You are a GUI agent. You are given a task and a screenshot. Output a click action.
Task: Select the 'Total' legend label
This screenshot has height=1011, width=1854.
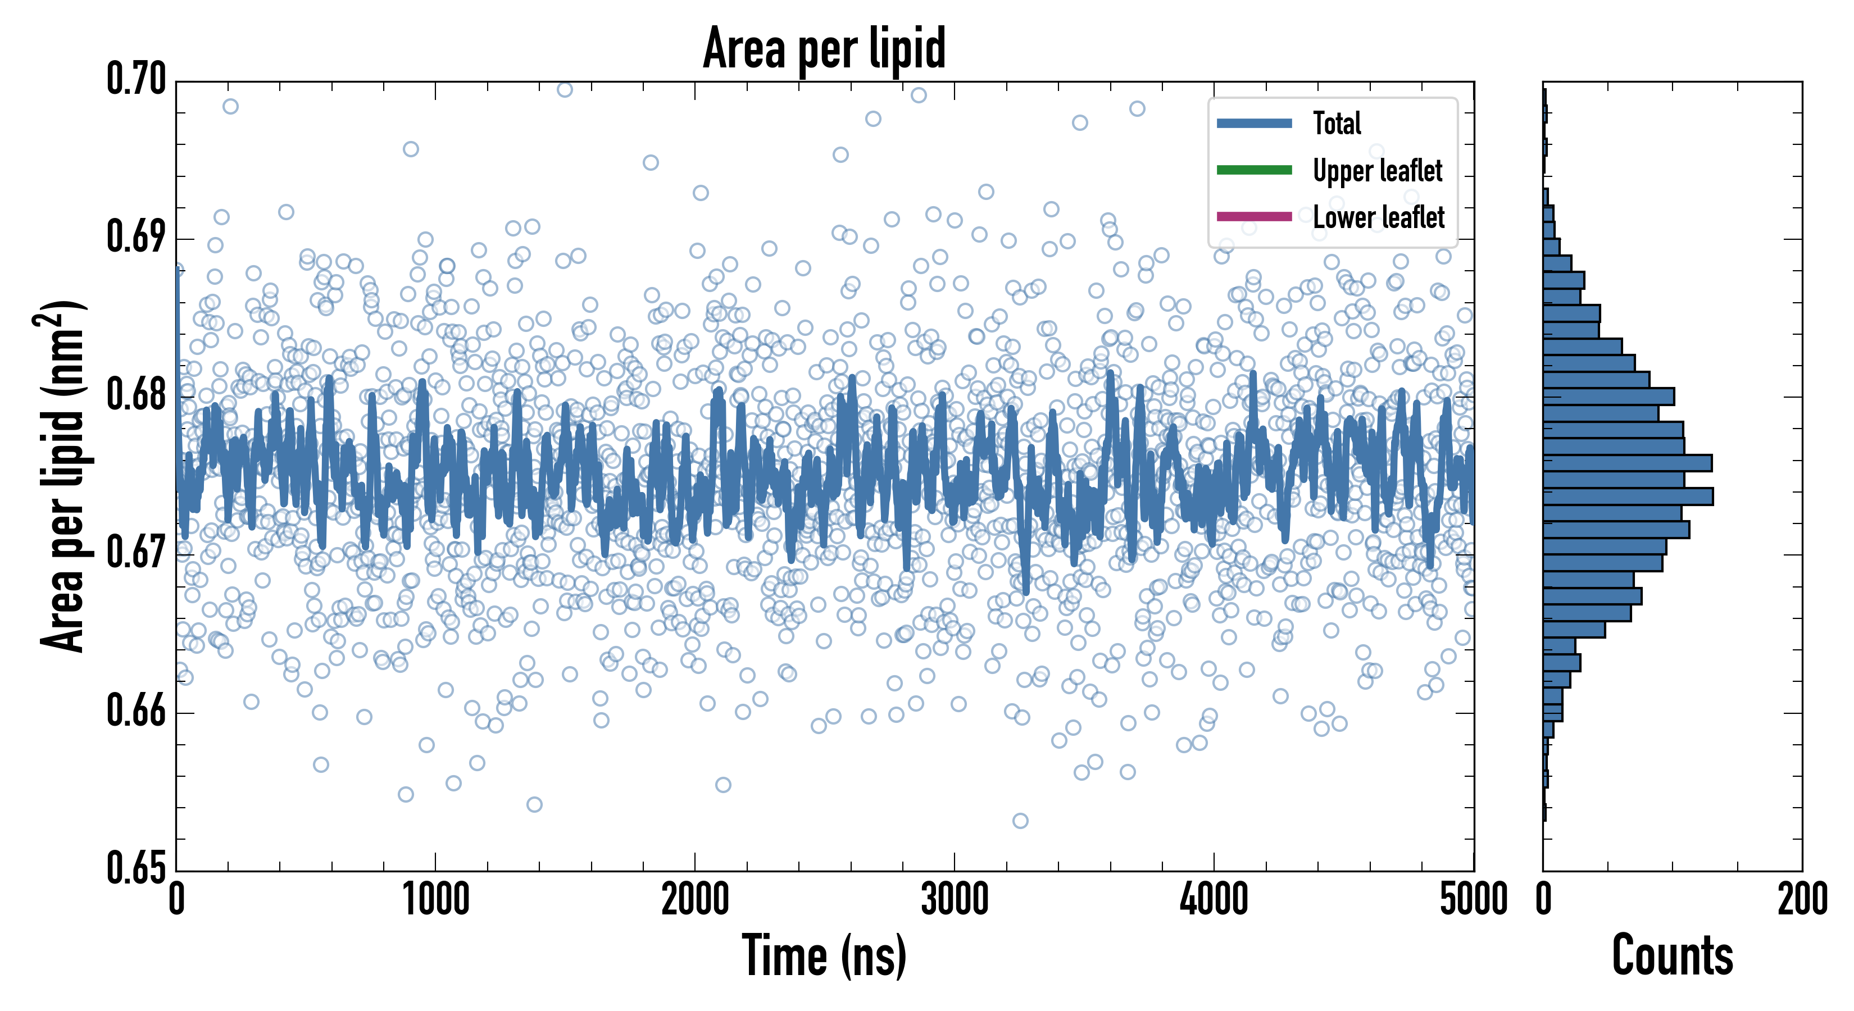point(1337,123)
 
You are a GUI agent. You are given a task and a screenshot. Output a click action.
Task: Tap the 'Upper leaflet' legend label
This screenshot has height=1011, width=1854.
point(1377,171)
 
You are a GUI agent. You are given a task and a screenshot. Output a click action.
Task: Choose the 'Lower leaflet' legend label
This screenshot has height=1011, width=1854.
point(1378,217)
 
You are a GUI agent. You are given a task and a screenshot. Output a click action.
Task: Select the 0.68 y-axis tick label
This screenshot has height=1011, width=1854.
point(136,394)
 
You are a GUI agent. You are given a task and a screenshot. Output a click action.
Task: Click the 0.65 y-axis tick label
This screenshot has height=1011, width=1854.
point(136,868)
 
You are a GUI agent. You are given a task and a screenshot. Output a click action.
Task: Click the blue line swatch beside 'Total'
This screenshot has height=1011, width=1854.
point(1254,123)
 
